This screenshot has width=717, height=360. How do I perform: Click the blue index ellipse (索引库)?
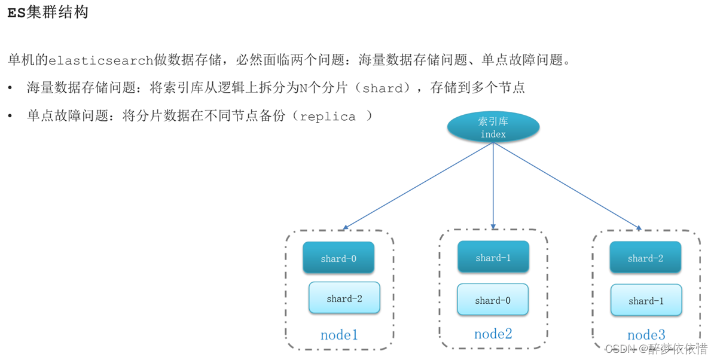point(493,127)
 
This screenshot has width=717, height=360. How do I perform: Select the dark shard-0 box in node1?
point(338,258)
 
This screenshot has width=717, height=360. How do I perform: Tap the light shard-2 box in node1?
point(344,298)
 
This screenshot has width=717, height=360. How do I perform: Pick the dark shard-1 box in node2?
point(493,257)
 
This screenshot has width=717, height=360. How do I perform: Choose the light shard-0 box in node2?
point(493,300)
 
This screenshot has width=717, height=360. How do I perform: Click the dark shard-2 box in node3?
point(645,258)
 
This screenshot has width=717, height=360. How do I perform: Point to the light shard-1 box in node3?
point(646,300)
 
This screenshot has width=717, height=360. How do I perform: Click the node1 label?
point(339,335)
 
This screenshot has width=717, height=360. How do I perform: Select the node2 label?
point(493,334)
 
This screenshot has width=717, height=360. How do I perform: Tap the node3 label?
point(646,335)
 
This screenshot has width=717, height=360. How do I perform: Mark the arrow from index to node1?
point(419,186)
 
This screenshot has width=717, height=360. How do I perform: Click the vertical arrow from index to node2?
point(493,185)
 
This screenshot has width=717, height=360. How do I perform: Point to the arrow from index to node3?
point(568,186)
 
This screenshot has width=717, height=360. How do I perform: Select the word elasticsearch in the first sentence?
point(101,60)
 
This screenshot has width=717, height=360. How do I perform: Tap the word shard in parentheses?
point(383,89)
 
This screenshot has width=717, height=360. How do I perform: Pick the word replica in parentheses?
point(328,117)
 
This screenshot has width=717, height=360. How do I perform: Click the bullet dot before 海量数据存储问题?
point(10,89)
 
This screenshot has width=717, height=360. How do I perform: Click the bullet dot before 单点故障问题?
point(10,117)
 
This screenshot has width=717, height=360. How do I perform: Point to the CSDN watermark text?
point(656,349)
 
